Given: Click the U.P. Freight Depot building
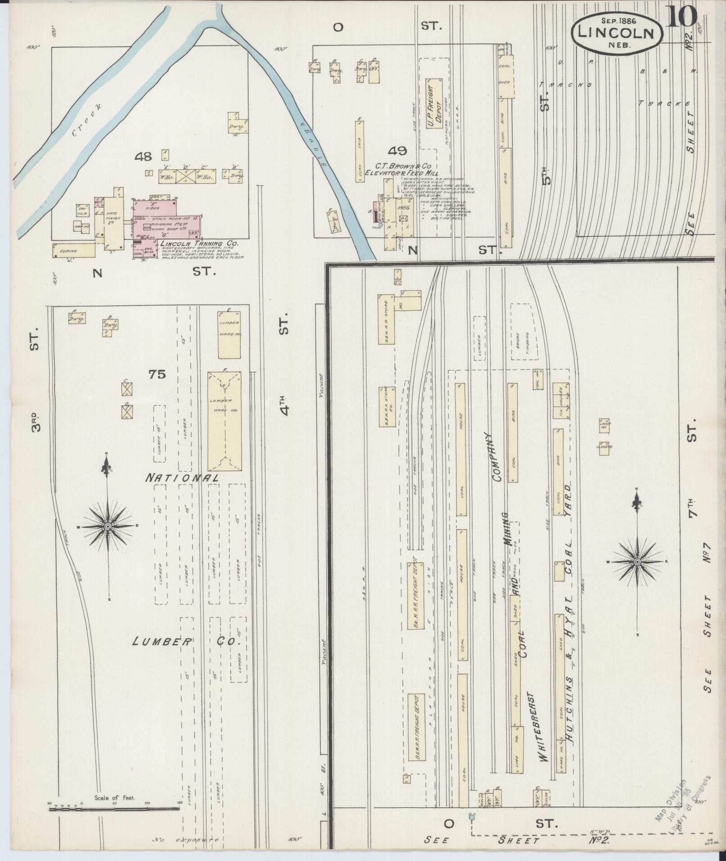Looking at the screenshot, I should pos(435,104).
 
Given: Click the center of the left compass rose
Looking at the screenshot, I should pos(108,526).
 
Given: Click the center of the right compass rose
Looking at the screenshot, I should pos(637,562).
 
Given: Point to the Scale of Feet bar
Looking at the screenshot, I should pos(114,809).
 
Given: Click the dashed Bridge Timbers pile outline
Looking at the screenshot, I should pos(524,333).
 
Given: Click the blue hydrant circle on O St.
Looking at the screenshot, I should pos(471,817).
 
